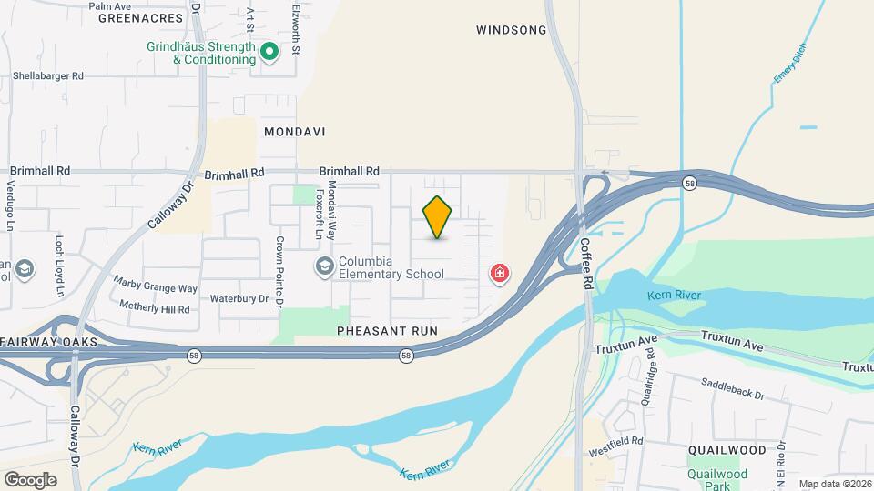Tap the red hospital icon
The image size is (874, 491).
point(499,273)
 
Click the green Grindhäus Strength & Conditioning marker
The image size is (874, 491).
point(269,53)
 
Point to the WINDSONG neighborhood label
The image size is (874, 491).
point(511,30)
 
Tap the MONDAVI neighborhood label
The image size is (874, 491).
point(294,132)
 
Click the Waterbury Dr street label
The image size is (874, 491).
point(239,298)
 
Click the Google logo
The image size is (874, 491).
point(30,479)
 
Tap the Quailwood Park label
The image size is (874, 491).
point(718,479)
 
